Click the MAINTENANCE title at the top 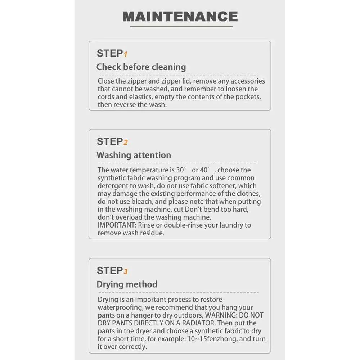180,17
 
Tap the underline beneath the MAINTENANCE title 181,27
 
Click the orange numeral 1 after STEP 126,55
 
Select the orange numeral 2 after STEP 126,143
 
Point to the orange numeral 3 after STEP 126,272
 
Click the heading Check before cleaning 141,67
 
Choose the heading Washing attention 134,155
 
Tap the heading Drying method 127,284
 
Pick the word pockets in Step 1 248,97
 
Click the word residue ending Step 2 152,233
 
